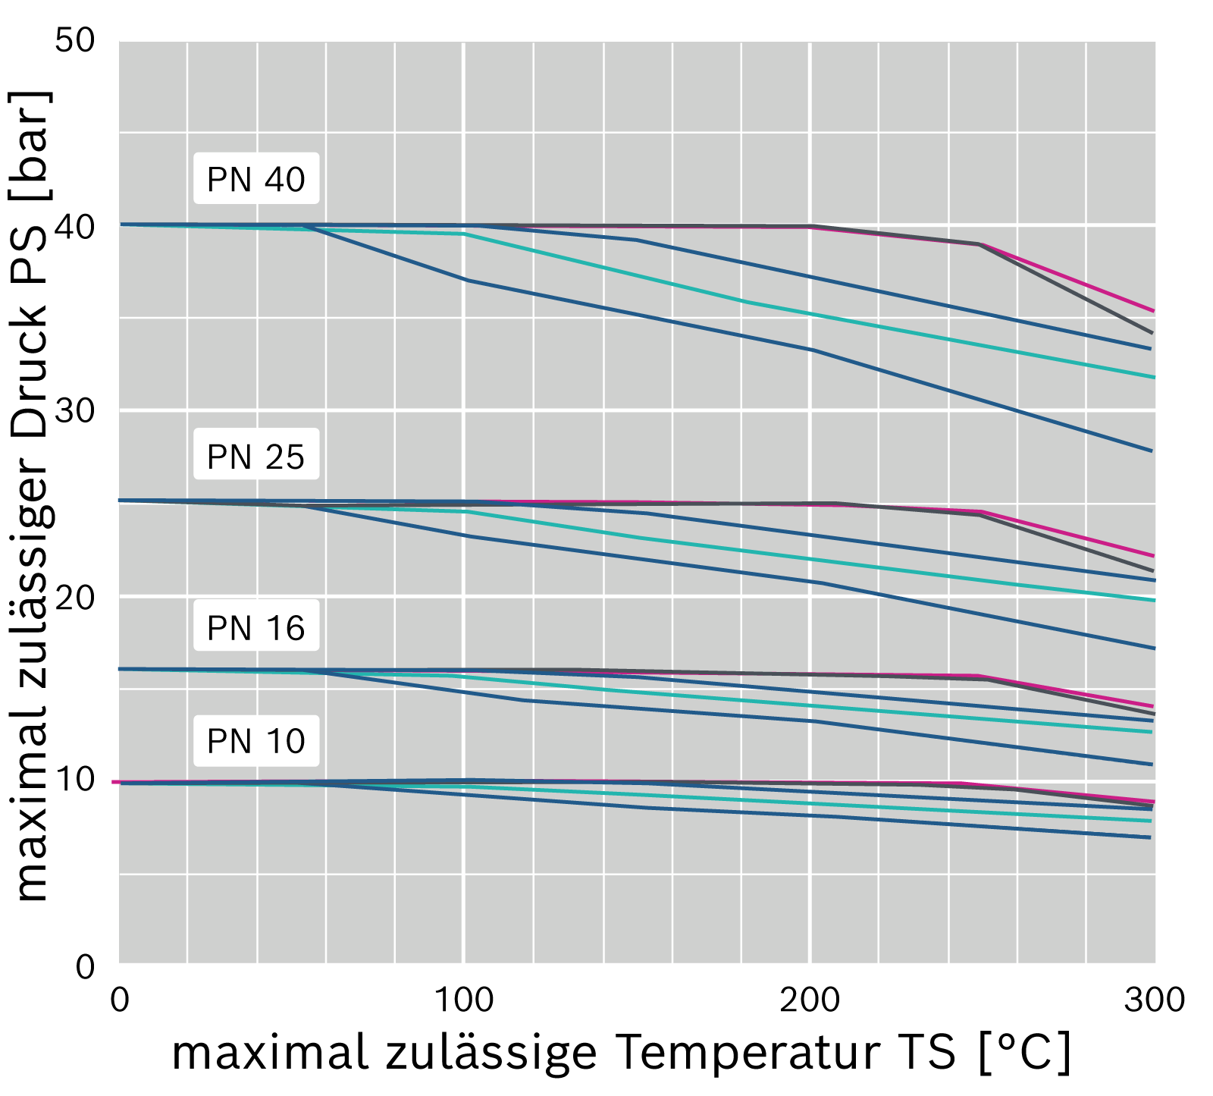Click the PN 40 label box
256,179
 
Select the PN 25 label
256,456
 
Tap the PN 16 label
256,627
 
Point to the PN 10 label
256,740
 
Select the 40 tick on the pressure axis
75,225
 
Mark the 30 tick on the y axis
75,410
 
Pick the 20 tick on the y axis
75,596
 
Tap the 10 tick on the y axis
75,780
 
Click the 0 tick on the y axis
86,966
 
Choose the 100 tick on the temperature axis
463,1000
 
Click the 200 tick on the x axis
810,1000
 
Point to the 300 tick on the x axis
1155,1000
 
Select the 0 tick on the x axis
120,1000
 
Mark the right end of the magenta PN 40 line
1154,311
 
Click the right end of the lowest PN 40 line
1152,451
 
